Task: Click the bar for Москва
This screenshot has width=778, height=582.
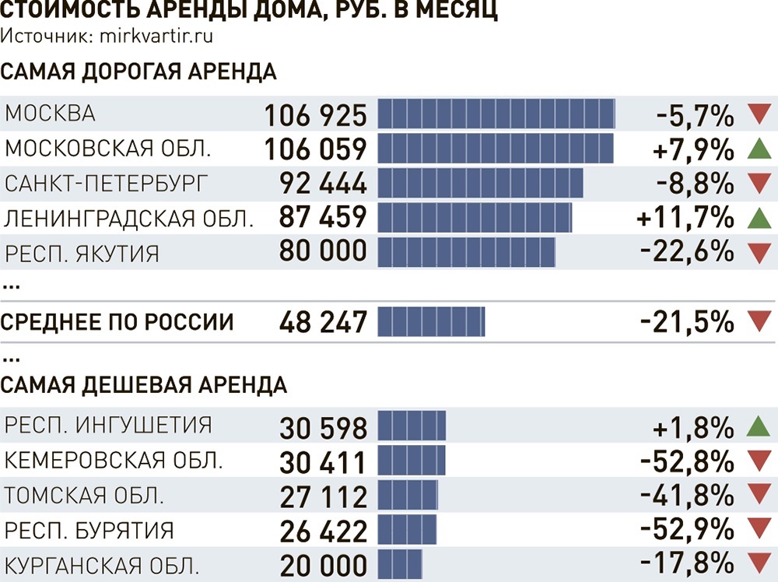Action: point(496,114)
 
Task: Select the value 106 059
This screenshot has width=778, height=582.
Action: point(315,149)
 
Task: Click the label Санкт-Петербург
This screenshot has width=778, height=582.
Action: point(107,184)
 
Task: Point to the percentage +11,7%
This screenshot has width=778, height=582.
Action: point(685,218)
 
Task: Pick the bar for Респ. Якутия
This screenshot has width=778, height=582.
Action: point(467,252)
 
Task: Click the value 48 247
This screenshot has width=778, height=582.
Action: point(322,321)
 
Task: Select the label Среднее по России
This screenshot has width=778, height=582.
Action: point(117,321)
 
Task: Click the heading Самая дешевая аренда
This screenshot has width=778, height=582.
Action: point(144,384)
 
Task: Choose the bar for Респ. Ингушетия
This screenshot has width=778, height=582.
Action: point(412,426)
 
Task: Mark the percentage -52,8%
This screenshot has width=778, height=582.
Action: point(687,461)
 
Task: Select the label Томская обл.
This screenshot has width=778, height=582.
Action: point(84,496)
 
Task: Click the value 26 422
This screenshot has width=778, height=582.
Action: point(323,531)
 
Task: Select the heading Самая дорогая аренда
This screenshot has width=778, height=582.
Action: point(138,72)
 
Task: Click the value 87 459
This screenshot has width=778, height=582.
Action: point(322,218)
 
